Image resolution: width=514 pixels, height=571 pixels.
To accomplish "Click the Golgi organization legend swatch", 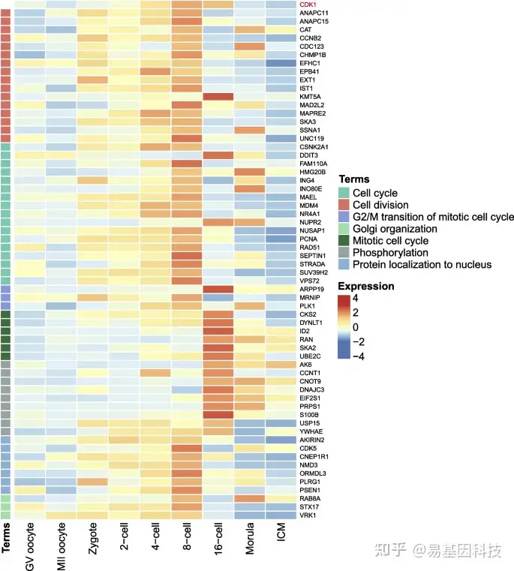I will click(x=344, y=229).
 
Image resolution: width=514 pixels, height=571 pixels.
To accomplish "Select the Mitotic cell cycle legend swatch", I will click(x=344, y=241).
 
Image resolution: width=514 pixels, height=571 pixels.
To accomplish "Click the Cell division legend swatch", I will click(x=344, y=205).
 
